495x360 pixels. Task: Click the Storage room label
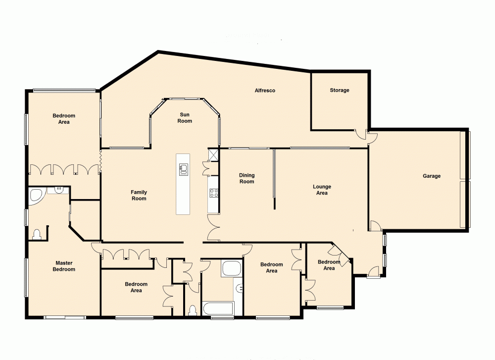point(340,90)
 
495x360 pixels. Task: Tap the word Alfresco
point(264,91)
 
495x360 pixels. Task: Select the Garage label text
point(431,176)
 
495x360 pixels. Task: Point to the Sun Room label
point(185,117)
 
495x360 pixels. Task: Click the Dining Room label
point(247,178)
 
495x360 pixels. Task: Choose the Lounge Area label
point(322,190)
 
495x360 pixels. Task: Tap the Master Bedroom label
point(65,266)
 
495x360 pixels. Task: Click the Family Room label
point(139,195)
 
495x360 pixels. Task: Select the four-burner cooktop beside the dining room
point(214,193)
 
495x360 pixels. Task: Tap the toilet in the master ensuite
point(37,234)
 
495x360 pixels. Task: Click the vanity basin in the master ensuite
point(58,190)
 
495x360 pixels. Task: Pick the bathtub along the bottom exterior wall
point(218,308)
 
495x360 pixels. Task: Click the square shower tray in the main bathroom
point(231,269)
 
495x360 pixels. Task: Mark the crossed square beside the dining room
point(214,155)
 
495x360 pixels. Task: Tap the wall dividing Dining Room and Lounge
point(274,178)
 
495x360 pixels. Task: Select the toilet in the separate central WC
point(193,310)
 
